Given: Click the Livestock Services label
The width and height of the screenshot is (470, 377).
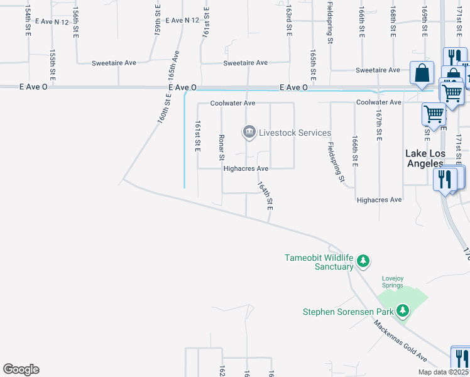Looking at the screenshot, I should [295, 133].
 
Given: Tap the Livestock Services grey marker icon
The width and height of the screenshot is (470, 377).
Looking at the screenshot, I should [249, 132].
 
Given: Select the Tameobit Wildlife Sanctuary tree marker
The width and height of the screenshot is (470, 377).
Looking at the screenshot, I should [363, 260].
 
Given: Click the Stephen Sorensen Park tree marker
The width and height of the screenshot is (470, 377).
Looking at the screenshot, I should [402, 310].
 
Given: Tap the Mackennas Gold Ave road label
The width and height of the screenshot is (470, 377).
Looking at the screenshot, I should [400, 341].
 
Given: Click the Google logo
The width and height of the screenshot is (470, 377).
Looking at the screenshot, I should [21, 369].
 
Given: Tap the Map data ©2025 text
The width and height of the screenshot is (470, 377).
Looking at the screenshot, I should [443, 371].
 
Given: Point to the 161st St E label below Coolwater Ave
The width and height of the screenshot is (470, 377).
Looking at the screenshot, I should [197, 136].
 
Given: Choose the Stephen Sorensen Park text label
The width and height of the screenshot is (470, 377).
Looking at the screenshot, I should [347, 312].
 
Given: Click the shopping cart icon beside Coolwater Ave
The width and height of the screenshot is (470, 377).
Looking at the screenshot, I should [433, 113].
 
